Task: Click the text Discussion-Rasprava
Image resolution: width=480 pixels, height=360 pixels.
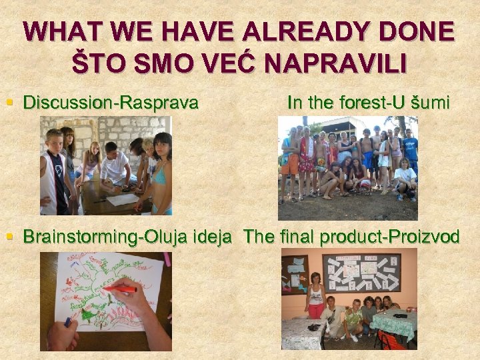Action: tap(111, 103)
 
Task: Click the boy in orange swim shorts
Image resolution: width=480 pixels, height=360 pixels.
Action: tap(289, 160)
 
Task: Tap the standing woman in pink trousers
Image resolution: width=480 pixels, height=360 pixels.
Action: tap(315, 297)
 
